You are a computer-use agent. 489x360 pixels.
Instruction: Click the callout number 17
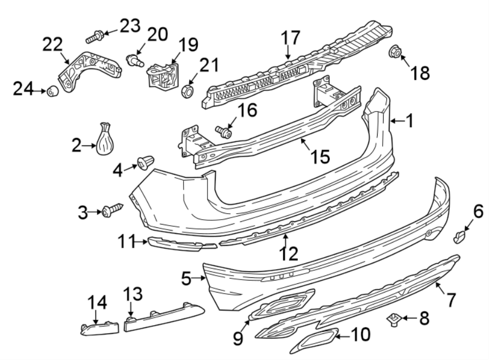coord(291,39)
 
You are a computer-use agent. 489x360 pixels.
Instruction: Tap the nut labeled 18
coord(395,53)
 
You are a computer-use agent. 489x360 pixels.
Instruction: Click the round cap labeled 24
coord(53,91)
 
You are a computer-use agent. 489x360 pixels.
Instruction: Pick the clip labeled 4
coord(146,162)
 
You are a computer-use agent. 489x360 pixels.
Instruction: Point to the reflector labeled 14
coord(99,329)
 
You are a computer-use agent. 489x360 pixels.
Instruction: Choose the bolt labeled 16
coord(223,131)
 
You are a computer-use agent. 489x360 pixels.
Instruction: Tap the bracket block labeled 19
coord(161,77)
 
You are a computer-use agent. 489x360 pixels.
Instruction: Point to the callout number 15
coord(319,157)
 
